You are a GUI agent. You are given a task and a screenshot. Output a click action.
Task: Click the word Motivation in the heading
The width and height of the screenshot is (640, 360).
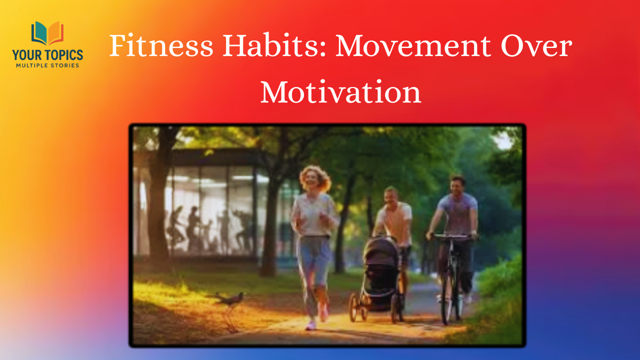[340, 91]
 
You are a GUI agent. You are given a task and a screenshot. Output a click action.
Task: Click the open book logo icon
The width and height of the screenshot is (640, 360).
[47, 33]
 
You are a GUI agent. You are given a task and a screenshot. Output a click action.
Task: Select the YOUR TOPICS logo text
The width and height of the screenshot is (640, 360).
[47, 55]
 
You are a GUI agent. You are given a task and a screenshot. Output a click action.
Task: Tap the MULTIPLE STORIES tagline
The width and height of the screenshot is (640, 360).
[47, 65]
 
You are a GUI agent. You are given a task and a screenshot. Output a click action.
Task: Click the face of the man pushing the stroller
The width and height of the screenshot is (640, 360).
[391, 196]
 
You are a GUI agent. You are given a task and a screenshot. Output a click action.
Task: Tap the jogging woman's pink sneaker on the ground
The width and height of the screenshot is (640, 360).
[311, 325]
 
